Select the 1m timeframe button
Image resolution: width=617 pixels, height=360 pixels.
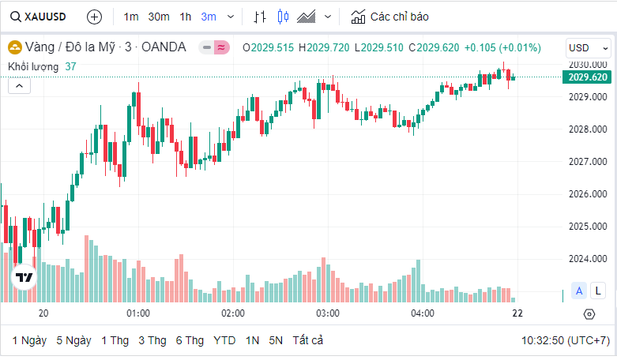[x=131, y=16]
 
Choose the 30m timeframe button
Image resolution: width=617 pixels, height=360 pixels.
[x=158, y=16]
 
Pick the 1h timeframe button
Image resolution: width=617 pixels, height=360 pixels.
[x=185, y=16]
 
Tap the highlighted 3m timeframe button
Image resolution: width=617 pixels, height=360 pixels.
[x=209, y=16]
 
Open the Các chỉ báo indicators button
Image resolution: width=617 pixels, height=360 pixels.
[x=390, y=16]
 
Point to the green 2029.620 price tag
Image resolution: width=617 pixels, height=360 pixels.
[x=587, y=77]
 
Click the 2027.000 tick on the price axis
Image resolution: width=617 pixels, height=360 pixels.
[x=587, y=161]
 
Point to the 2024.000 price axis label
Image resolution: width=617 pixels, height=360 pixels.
[x=587, y=259]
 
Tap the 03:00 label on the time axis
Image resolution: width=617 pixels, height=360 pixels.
[x=328, y=313]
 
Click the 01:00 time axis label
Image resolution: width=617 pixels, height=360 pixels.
[x=138, y=313]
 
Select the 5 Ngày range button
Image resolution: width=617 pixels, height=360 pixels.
[x=73, y=340]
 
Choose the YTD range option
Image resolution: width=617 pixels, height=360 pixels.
[x=224, y=340]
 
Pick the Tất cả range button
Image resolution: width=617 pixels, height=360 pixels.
[x=307, y=340]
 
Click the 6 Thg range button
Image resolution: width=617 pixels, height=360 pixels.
[x=190, y=340]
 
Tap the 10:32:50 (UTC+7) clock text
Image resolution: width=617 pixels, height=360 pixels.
[x=565, y=340]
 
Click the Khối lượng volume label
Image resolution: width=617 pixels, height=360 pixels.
[x=36, y=66]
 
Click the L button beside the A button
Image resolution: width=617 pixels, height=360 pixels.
[x=600, y=291]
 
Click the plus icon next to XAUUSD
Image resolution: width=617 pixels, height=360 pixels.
[x=94, y=16]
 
